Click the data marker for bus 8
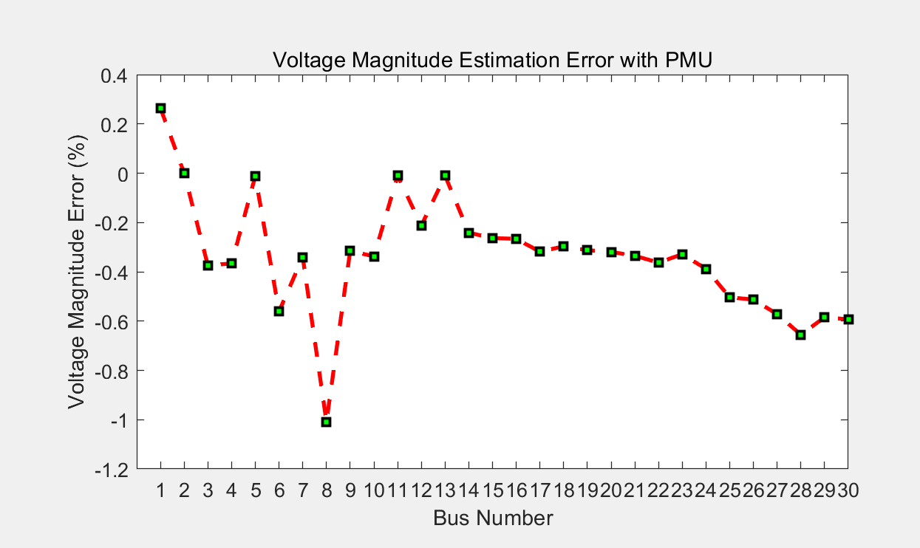click(326, 422)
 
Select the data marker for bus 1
click(160, 108)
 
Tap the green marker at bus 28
click(800, 335)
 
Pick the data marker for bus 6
click(279, 311)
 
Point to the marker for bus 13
click(445, 175)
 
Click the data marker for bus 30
click(848, 319)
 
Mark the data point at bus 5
click(255, 176)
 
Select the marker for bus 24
click(706, 269)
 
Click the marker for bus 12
click(421, 225)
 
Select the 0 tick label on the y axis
click(120, 174)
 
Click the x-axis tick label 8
click(326, 490)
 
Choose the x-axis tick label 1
click(160, 490)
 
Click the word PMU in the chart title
click(689, 60)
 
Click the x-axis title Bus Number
click(493, 518)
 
